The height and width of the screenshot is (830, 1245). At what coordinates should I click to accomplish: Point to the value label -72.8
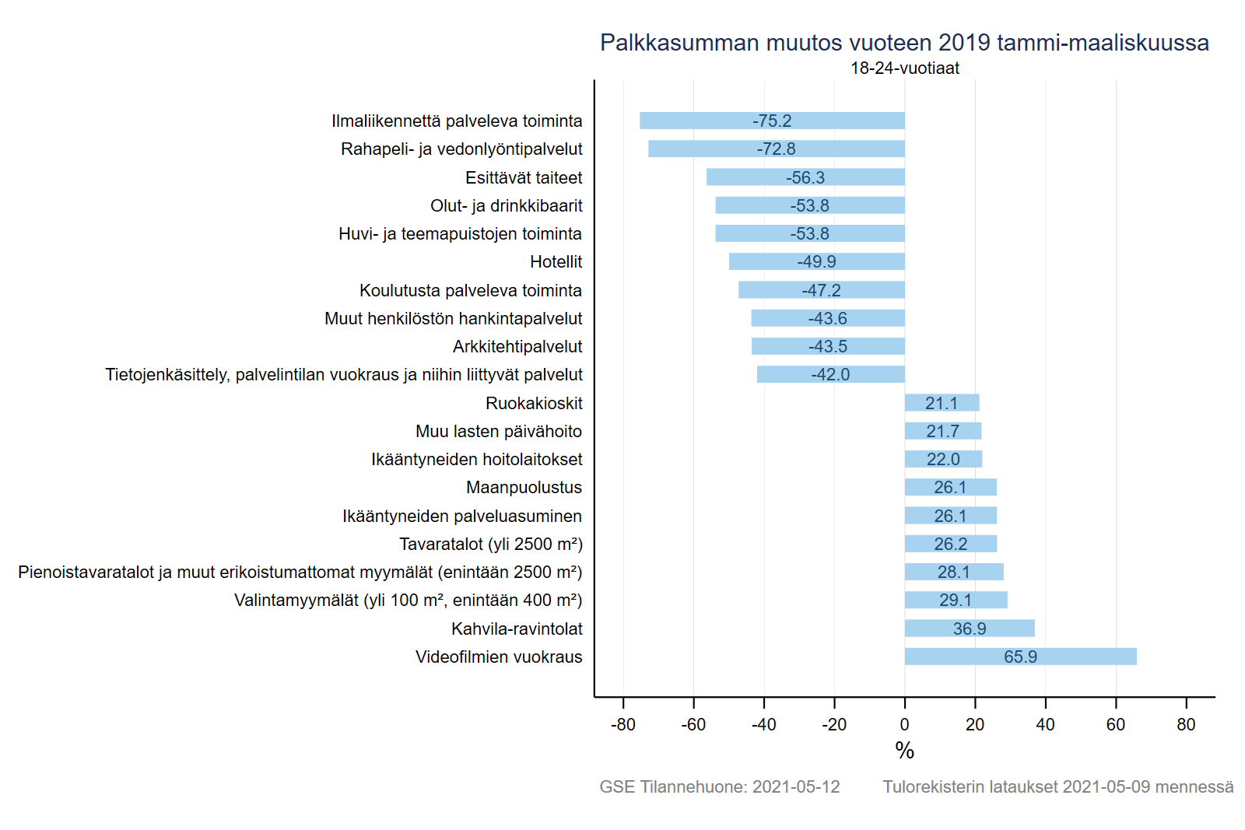coord(776,149)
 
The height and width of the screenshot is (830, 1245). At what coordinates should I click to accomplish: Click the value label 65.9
coord(1020,657)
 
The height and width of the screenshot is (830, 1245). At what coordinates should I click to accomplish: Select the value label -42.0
coord(830,374)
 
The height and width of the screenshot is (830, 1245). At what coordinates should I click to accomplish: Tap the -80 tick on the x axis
coord(623,724)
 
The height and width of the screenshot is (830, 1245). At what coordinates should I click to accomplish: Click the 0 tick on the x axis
coord(904,724)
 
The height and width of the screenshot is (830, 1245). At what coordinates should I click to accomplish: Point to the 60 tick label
coord(1115,724)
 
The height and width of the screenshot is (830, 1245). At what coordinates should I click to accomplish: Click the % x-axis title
coord(904,751)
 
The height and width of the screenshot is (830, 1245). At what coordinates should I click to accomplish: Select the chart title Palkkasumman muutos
coord(904,42)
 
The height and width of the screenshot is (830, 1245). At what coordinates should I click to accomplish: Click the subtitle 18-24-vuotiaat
coord(904,68)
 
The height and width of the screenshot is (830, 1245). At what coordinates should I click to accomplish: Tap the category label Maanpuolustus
coord(524,487)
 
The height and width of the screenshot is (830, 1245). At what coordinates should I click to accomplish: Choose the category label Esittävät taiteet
coord(523,177)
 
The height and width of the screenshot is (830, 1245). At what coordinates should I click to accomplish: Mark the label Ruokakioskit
coord(534,403)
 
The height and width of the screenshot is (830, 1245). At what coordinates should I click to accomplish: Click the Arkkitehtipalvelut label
coord(517,346)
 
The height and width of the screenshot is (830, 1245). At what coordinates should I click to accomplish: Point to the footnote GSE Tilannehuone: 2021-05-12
coord(719,786)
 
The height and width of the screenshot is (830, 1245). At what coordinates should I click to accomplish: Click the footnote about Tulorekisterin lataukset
coord(1057,786)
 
